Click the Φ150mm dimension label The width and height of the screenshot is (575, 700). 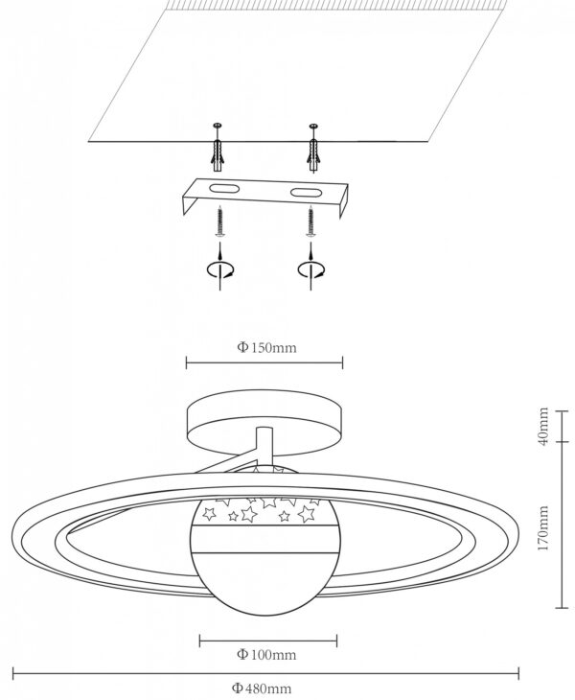266,347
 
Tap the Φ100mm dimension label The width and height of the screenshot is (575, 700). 266,655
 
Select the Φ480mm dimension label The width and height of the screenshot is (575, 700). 262,688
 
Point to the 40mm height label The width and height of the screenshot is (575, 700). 543,426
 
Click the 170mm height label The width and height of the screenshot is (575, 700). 543,528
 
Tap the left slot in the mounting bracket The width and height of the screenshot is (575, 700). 224,189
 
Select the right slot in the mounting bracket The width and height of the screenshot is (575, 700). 306,193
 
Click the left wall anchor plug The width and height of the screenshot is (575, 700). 218,154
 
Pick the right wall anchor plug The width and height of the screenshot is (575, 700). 313,155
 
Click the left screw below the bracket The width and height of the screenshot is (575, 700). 219,221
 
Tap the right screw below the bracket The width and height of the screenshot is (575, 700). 310,221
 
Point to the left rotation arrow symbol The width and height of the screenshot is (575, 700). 219,269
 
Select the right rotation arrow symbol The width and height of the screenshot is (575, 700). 310,269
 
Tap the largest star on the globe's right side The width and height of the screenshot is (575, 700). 307,513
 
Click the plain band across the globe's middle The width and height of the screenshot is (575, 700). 265,540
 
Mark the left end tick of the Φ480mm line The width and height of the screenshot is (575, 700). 13,674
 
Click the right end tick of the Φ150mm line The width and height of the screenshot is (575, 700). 342,363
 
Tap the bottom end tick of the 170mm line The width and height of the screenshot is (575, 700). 563,608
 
